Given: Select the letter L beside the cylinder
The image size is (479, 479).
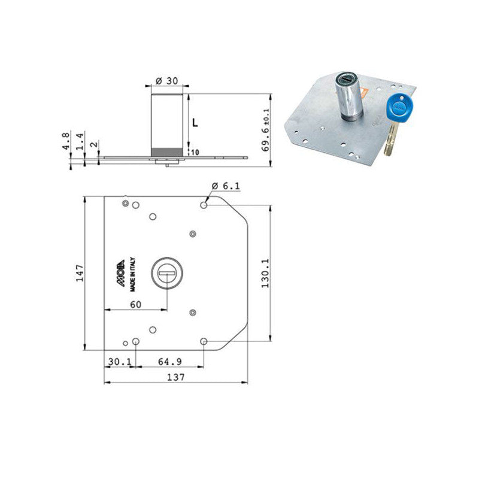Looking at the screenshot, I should (x=195, y=122).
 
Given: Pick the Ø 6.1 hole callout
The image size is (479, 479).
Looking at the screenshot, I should (x=228, y=186).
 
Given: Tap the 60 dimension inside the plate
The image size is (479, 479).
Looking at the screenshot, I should (x=135, y=305).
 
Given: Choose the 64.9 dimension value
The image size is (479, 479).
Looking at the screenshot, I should (x=170, y=362).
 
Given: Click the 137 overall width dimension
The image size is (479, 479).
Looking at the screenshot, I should (x=175, y=377).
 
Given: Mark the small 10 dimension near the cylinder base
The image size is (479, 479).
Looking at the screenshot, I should (x=195, y=153).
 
